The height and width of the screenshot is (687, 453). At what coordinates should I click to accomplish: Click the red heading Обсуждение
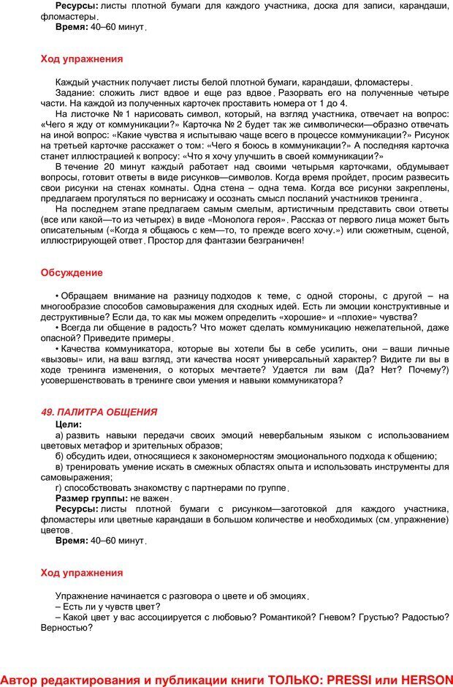(x=72, y=273)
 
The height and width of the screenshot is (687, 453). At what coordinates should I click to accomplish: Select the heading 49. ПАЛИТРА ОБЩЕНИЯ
(x=99, y=412)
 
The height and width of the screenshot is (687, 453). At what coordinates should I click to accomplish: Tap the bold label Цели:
(x=69, y=424)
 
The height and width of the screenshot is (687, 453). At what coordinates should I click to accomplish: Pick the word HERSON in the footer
(x=422, y=679)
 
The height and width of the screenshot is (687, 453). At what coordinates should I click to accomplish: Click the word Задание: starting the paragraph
(x=76, y=93)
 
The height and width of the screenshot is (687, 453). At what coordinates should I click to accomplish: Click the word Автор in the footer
(x=20, y=679)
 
